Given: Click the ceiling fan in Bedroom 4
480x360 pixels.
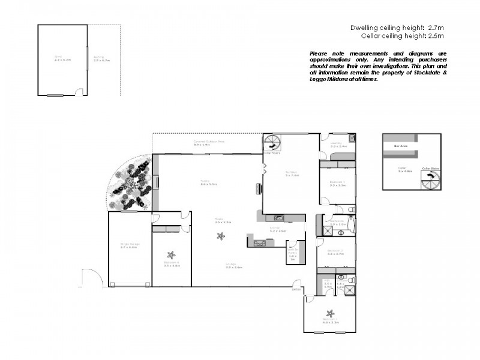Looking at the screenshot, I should [x=171, y=254].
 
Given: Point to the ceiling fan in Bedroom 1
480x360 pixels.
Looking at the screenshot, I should [x=329, y=313].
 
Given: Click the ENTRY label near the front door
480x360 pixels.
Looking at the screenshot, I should [x=296, y=289].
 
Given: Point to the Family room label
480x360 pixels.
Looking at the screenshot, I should [x=208, y=182].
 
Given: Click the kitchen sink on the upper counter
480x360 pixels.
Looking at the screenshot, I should [x=278, y=217].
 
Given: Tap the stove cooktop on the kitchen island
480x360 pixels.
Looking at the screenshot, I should [x=260, y=243].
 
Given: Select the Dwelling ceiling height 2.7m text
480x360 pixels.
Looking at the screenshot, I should [x=397, y=28].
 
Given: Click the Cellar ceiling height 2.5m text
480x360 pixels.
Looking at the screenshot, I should [x=401, y=36].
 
